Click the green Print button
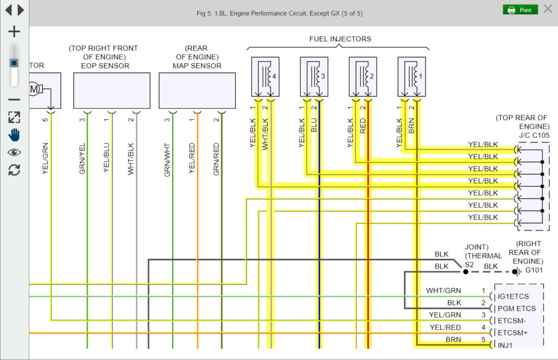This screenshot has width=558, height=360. (x=519, y=10)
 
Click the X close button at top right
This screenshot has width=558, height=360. (x=548, y=9)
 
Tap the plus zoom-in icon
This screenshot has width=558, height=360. (x=14, y=32)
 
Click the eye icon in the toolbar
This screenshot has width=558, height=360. (x=14, y=152)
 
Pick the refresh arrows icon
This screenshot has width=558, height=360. (x=14, y=170)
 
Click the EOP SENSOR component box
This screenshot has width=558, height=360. (x=112, y=90)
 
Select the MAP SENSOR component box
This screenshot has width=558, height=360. (x=197, y=90)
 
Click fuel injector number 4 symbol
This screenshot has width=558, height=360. (x=265, y=77)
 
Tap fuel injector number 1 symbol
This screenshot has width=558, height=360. (x=411, y=77)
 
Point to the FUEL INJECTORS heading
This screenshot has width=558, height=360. (x=340, y=39)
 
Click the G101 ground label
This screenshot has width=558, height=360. (x=534, y=270)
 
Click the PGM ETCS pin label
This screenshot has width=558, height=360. (x=516, y=309)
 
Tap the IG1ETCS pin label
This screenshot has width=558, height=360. (x=513, y=297)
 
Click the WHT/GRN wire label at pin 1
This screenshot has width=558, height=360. (x=444, y=291)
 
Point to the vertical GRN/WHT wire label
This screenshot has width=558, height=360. (x=167, y=159)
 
